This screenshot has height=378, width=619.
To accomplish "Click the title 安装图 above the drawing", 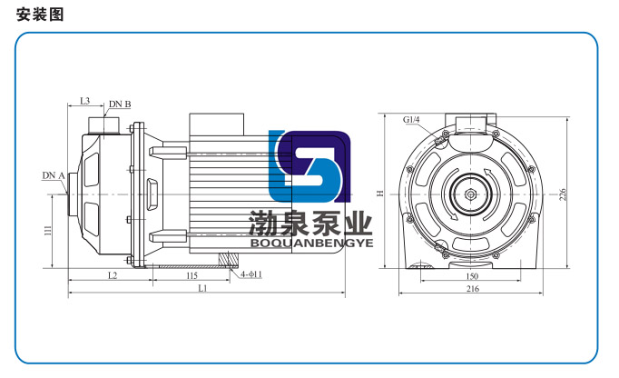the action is [40, 15].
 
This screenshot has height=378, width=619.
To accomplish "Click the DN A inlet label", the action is [54, 175].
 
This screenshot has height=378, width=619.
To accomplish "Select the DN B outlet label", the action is [120, 104].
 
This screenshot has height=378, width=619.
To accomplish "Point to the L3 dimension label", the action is [85, 101].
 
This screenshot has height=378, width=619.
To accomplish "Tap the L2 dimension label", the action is [113, 275].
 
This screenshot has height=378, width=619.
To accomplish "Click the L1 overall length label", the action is [202, 288].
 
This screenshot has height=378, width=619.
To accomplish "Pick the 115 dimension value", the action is [192, 275].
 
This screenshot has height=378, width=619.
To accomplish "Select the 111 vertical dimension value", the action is [48, 231].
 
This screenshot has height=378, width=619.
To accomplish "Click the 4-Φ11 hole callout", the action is [251, 274].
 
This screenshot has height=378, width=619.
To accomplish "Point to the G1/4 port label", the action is [411, 119].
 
